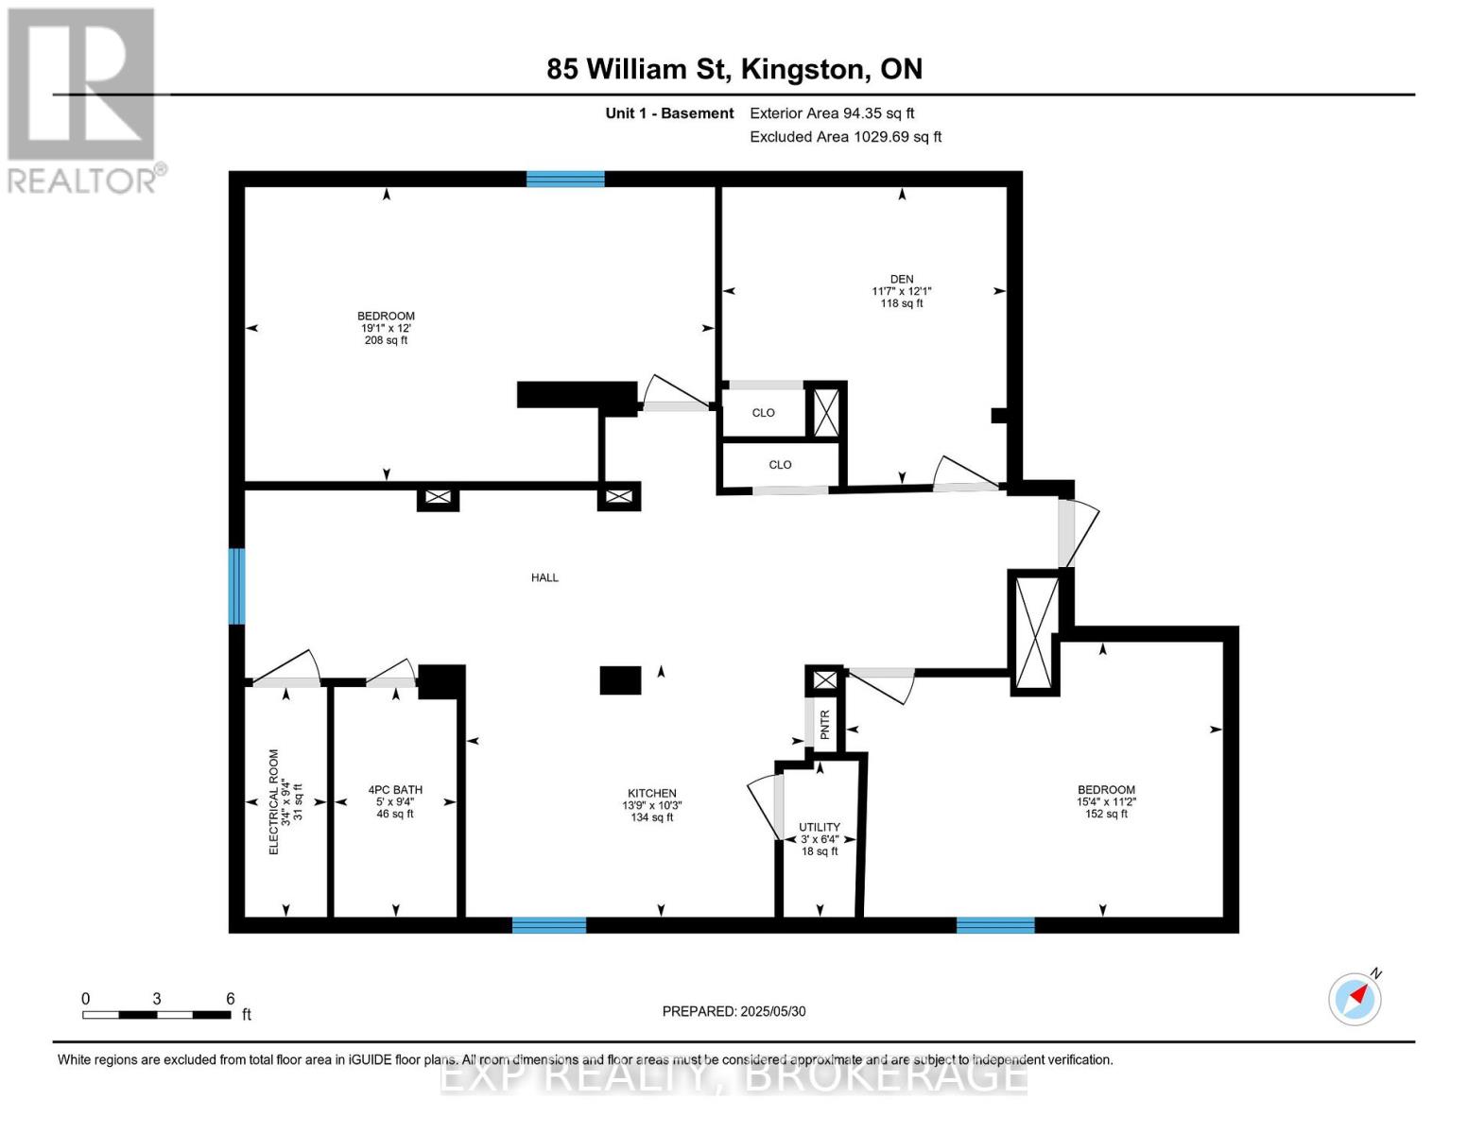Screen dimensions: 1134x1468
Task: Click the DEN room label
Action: (901, 279)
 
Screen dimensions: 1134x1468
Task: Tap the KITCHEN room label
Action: (651, 793)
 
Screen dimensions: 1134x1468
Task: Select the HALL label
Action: (544, 577)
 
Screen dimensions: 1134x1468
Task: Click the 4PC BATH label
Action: (395, 789)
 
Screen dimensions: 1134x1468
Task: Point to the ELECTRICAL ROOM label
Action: (274, 802)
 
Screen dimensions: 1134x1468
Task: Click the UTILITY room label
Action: (819, 827)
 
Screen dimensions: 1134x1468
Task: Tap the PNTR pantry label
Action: (825, 725)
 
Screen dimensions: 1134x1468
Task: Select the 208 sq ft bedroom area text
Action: (386, 340)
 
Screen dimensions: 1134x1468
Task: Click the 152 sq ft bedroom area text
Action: (1106, 814)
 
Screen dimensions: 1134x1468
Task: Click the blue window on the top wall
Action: (565, 179)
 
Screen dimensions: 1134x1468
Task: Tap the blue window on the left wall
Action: (236, 586)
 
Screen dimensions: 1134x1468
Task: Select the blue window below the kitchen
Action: (548, 925)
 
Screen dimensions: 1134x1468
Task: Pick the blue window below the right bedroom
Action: (995, 925)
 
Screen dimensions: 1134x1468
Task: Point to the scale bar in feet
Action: (157, 1015)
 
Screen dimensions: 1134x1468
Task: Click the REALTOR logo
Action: (83, 99)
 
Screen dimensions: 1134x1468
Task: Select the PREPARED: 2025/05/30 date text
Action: (734, 1011)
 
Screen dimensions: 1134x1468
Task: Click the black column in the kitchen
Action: (620, 680)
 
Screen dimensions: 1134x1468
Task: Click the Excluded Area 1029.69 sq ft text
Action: (845, 137)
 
